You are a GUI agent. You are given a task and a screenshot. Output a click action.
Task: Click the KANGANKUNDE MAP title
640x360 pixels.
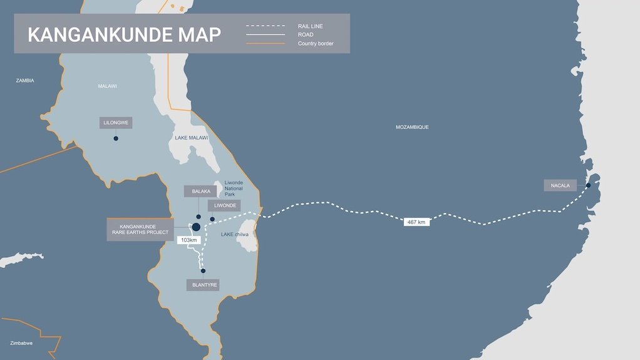click(124, 34)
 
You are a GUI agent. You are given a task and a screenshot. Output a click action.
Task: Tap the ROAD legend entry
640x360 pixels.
click(306, 34)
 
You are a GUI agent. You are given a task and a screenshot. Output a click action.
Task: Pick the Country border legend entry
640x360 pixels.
click(316, 43)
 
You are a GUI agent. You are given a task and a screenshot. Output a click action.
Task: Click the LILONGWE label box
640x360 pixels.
click(116, 123)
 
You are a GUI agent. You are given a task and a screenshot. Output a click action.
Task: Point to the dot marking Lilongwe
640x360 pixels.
click(116, 138)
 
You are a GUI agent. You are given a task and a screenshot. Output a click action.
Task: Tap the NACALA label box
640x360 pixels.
click(560, 185)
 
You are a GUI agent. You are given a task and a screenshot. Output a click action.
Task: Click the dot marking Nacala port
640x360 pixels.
click(588, 185)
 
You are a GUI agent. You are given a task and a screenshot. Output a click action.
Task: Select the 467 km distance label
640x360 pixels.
click(416, 222)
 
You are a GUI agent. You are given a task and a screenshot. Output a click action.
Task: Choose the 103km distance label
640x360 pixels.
click(188, 240)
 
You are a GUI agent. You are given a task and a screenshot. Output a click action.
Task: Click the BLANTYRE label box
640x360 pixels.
click(203, 285)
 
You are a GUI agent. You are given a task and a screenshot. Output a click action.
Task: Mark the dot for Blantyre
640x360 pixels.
click(203, 271)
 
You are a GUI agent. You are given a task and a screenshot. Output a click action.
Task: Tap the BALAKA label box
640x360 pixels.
click(200, 191)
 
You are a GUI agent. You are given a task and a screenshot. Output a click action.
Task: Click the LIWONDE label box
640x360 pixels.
click(225, 205)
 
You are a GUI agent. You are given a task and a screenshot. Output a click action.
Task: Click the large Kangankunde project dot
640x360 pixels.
click(196, 227)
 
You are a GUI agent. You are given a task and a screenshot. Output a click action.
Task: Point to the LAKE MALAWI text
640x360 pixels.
click(191, 137)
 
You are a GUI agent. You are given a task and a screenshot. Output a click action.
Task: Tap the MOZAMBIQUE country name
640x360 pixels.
click(412, 127)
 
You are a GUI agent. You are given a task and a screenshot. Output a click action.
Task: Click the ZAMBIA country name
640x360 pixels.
click(25, 81)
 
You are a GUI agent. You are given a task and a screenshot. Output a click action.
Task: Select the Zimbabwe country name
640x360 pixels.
click(21, 343)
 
